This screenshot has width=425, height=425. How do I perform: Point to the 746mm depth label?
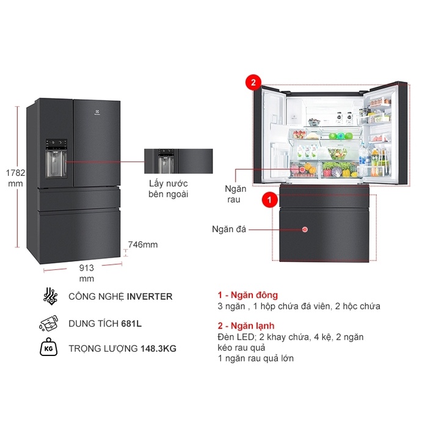[142, 245]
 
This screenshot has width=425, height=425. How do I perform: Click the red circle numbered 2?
[253, 82]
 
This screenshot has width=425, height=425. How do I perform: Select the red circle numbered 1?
[267, 198]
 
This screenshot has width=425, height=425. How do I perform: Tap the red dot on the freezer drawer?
[304, 230]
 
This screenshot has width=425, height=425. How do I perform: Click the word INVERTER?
[150, 297]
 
